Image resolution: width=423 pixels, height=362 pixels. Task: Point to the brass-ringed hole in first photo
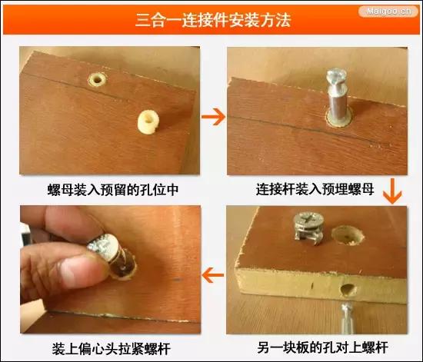[x=98, y=80]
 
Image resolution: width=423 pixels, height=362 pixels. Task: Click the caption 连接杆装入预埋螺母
[x=316, y=188]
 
